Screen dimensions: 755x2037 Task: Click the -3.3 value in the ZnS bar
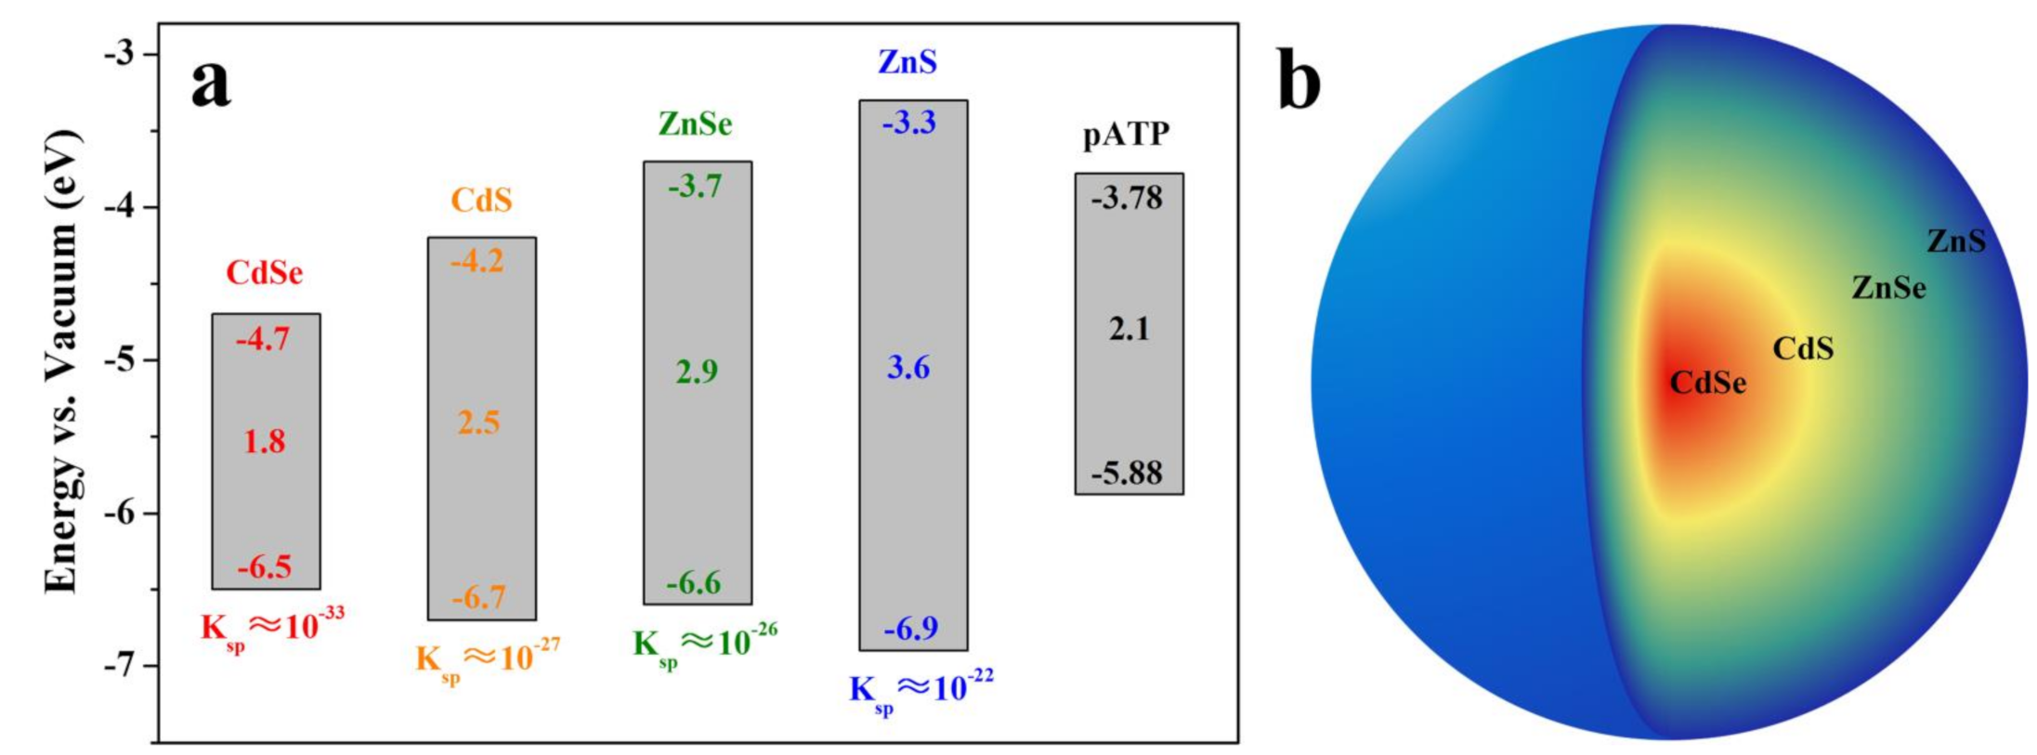coord(908,123)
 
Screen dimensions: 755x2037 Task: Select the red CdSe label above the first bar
coord(265,273)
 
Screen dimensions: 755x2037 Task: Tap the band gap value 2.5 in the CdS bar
coord(478,423)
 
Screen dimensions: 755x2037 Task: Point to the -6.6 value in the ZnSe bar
coord(694,583)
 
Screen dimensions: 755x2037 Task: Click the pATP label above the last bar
coord(1126,135)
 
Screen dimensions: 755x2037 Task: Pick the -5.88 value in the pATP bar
coord(1126,474)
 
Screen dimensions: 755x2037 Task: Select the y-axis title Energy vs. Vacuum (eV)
coord(63,360)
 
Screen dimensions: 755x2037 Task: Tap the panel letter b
coord(1299,82)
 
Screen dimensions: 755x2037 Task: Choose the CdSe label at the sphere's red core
coord(1707,383)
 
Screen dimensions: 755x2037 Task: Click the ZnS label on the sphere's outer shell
coord(1955,241)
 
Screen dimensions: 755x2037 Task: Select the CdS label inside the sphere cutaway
coord(1803,348)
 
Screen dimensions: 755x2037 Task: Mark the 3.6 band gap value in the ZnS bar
coord(908,368)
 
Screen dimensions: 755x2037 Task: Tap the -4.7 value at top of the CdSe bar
coord(263,340)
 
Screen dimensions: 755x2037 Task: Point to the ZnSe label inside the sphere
coord(1887,288)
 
